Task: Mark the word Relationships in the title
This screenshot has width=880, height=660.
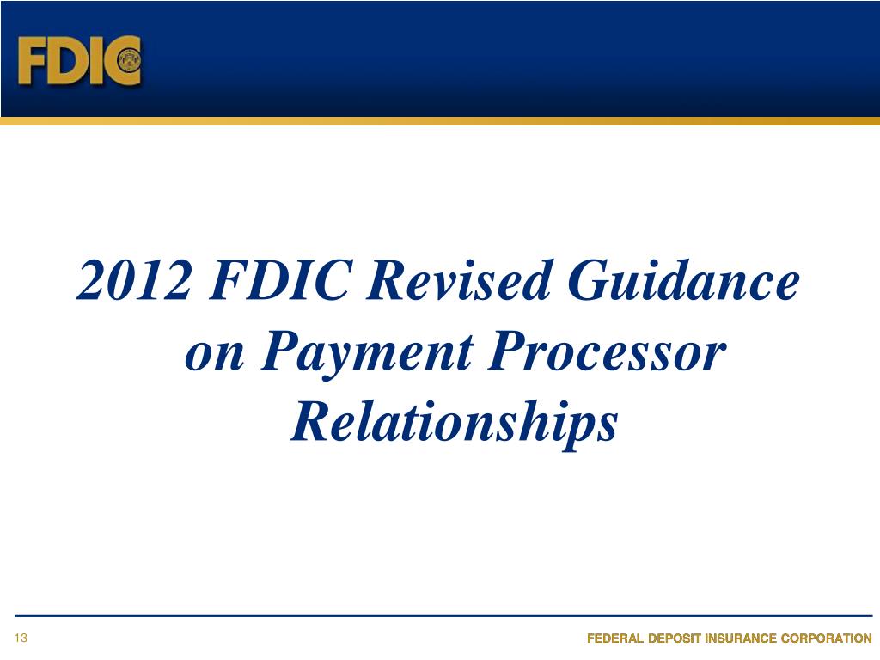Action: click(x=455, y=424)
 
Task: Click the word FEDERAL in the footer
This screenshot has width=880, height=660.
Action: click(x=617, y=639)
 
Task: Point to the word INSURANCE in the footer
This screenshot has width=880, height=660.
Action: click(x=754, y=639)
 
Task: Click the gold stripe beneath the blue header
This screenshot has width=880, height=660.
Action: click(x=440, y=121)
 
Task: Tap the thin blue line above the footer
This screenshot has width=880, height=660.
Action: click(x=440, y=616)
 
